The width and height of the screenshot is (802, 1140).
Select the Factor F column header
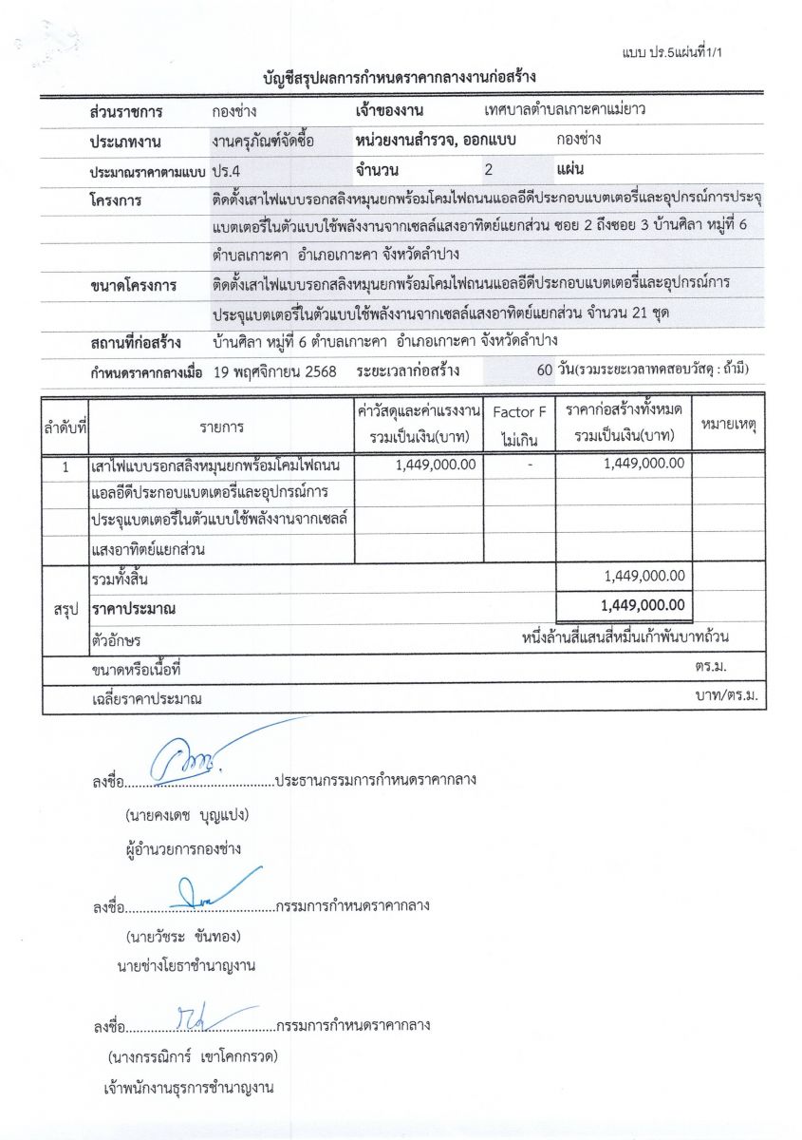pyautogui.click(x=519, y=412)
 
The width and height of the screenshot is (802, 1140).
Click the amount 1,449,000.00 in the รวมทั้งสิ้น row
pyautogui.click(x=643, y=576)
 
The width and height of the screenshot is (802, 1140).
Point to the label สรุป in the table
pyautogui.click(x=65, y=606)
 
